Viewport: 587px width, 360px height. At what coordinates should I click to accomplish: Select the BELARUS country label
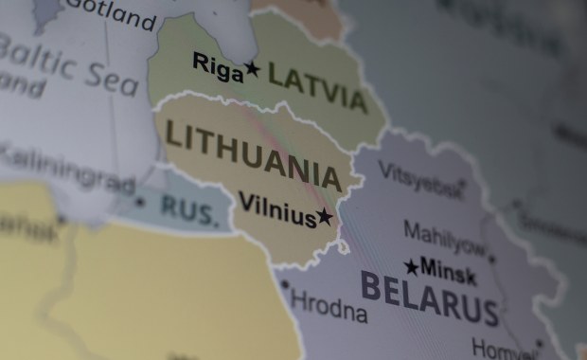[x=429, y=297]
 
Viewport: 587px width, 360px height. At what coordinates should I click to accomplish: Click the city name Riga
[x=218, y=65]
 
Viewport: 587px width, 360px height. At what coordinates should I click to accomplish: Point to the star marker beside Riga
[x=252, y=68]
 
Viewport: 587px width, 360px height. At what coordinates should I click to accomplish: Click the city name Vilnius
[x=276, y=210]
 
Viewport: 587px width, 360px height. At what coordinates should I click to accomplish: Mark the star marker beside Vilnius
[x=325, y=216]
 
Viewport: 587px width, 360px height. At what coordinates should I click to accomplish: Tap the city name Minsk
[x=449, y=270]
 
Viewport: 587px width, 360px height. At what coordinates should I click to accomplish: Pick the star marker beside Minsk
[x=411, y=267]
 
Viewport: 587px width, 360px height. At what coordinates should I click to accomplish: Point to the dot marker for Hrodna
[x=285, y=284]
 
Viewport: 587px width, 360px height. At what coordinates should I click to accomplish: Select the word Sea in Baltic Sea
[x=115, y=78]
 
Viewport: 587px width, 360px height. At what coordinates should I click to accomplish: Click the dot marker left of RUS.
[x=140, y=202]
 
